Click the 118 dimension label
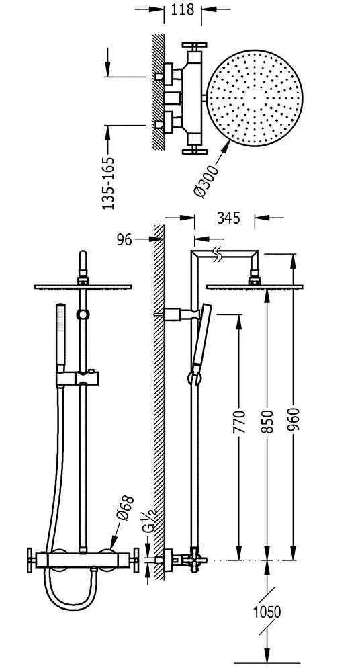(x=183, y=9)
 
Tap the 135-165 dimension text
(x=109, y=183)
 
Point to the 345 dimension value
(x=228, y=218)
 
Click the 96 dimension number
(x=125, y=240)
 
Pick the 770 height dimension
(x=240, y=422)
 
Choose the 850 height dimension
(x=267, y=422)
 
